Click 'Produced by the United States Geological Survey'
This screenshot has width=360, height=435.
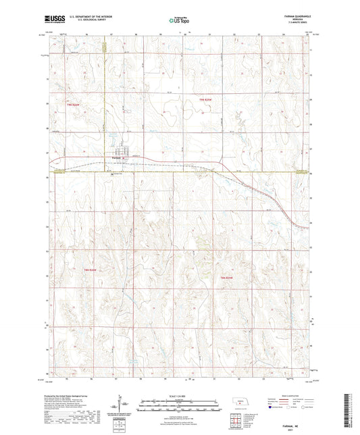tap(74, 395)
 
